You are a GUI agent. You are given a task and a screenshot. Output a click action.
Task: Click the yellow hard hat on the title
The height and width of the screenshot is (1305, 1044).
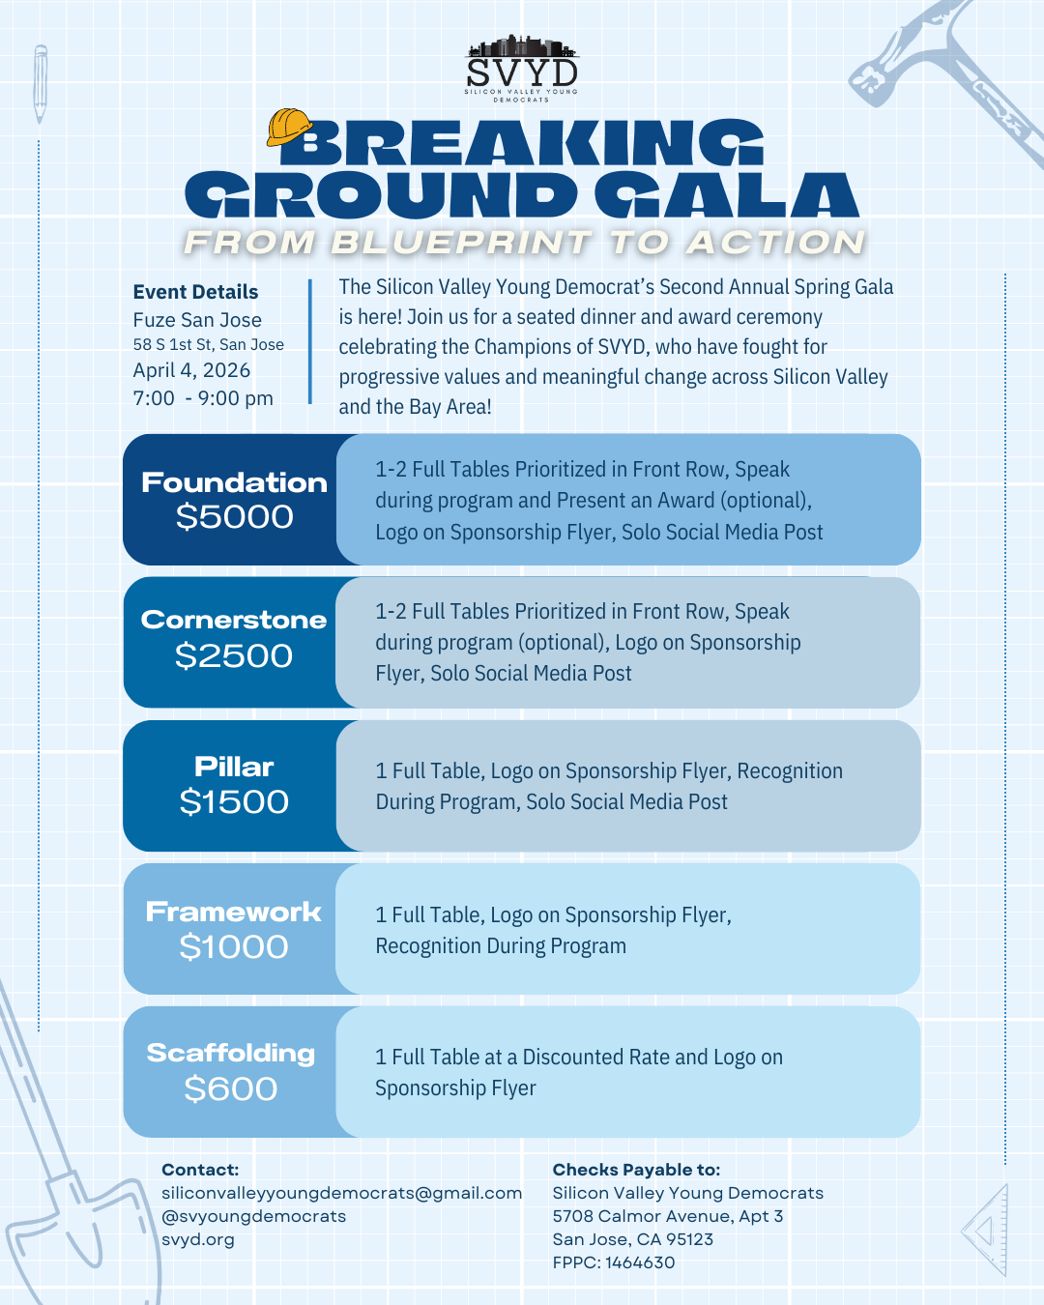point(289,127)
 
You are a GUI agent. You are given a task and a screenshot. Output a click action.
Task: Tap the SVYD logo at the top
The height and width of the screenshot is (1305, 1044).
point(521,69)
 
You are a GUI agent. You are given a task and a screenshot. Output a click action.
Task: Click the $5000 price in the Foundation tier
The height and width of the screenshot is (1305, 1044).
point(234,517)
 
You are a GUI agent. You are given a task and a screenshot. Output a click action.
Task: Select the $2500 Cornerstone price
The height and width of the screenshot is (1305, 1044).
point(234,656)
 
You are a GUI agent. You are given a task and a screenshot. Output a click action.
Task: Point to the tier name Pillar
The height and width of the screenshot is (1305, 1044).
point(234,767)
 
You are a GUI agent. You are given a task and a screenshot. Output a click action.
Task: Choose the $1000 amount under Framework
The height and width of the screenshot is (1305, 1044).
point(234,947)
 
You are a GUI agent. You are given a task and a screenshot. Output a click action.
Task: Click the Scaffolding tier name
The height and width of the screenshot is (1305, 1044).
point(231,1053)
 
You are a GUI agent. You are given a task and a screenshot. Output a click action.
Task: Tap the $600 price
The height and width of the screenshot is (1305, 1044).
point(231,1089)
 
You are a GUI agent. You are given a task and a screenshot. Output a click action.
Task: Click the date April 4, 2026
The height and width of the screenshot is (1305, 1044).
point(191,370)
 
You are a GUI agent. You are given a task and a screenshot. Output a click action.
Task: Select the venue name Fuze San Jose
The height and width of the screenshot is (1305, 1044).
point(197,320)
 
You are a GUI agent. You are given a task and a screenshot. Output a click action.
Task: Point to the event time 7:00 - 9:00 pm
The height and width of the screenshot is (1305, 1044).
point(203,398)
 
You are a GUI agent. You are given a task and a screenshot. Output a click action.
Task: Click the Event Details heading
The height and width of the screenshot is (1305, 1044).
point(195,292)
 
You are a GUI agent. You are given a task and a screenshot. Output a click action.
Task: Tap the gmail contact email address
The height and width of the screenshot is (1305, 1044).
point(341,1193)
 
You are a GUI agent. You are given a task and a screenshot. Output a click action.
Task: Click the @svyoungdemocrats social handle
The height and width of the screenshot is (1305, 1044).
point(253,1216)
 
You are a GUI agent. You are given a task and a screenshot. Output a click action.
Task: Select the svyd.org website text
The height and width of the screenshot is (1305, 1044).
point(198,1239)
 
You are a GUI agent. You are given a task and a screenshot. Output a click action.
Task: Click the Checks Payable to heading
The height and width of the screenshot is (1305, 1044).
point(636,1170)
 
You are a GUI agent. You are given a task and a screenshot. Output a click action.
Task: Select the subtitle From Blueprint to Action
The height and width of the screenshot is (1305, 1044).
point(524,243)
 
